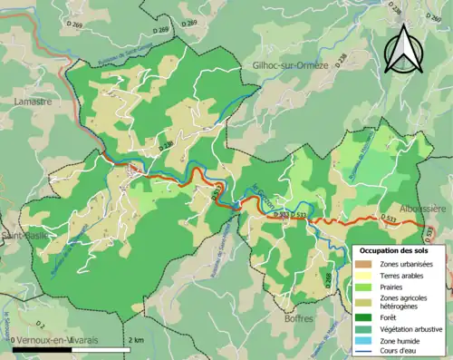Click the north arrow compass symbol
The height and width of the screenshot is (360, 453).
pyautogui.click(x=410, y=46)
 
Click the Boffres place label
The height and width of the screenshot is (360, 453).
pyautogui.click(x=297, y=319)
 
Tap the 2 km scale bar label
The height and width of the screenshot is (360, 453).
pyautogui.click(x=133, y=339)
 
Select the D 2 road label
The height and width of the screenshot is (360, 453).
pyautogui.click(x=39, y=323)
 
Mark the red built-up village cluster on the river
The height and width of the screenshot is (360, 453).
pyautogui.click(x=136, y=169)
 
